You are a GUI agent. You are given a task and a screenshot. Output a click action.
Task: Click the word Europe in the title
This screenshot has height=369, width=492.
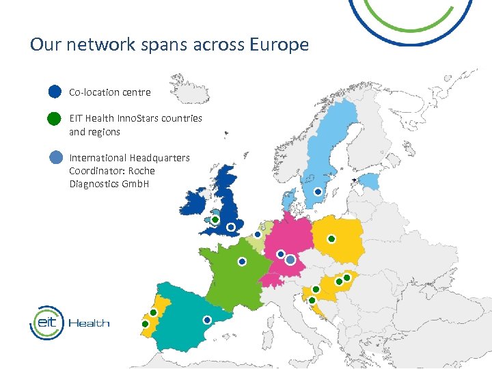click(x=279, y=45)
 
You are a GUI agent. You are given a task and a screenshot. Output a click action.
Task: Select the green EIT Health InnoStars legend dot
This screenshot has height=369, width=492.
click(x=55, y=119)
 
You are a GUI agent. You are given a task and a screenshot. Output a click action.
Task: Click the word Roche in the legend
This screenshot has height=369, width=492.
click(x=141, y=171)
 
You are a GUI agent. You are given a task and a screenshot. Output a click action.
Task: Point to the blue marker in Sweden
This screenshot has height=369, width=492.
click(x=318, y=192)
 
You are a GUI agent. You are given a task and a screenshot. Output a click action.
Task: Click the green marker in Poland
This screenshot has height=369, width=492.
click(x=331, y=238)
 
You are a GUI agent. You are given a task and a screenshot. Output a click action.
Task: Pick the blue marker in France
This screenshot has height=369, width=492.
click(x=242, y=261)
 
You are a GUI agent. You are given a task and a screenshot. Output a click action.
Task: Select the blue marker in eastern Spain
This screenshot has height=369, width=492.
click(x=207, y=319)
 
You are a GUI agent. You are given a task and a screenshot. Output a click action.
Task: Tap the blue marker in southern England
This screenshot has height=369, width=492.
click(x=231, y=226)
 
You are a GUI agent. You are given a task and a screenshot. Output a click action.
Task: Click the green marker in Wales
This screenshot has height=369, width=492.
click(x=215, y=220)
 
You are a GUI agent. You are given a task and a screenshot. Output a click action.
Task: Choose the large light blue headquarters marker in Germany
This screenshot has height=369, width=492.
click(x=290, y=260)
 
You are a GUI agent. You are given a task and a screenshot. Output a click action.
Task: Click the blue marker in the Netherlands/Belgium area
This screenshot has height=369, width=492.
click(x=258, y=234)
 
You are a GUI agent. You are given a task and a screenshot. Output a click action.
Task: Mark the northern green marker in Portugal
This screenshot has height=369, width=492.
click(x=153, y=312)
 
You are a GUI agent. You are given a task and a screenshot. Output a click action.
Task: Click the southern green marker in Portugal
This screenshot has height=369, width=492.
click(x=145, y=323)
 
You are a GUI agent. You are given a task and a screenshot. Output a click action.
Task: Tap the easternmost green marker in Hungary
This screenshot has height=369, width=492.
click(x=347, y=277)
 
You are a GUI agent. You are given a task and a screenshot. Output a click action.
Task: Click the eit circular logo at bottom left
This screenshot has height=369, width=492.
click(x=46, y=323)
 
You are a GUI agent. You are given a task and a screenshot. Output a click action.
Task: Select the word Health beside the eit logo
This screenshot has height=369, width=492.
click(x=89, y=323)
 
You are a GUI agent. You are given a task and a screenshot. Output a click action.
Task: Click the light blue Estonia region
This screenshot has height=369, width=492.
click(x=369, y=181)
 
